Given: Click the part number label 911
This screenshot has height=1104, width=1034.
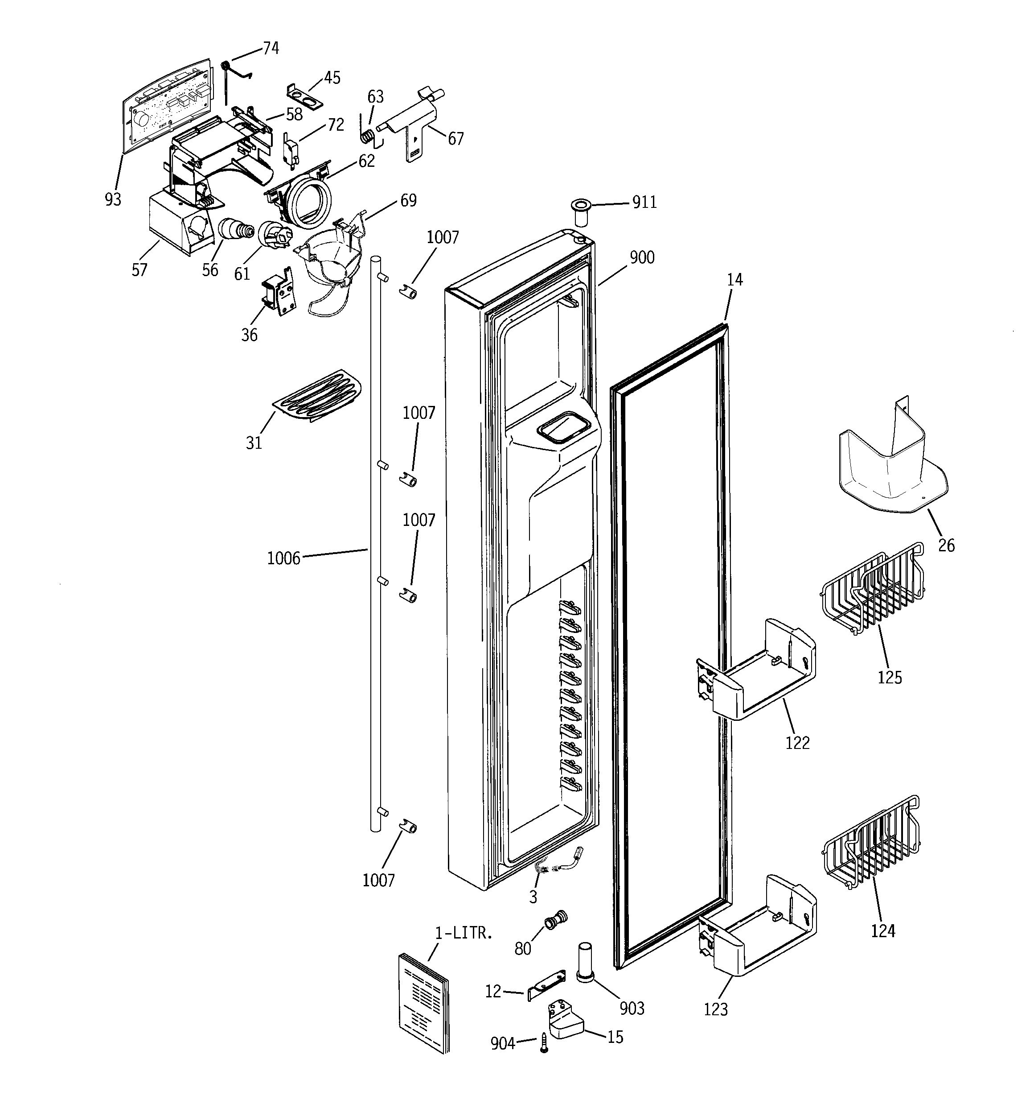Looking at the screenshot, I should (644, 203).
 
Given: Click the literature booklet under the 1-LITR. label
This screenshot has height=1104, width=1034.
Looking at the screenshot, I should (423, 1001).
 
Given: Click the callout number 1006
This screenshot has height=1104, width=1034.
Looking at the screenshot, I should (283, 558).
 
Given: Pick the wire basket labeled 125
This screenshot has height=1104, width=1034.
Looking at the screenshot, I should (871, 590).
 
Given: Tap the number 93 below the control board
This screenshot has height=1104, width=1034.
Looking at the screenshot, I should (113, 199).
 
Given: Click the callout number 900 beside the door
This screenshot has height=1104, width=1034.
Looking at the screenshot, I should (642, 258).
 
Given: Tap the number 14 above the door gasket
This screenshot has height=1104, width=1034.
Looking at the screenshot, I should (734, 280).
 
